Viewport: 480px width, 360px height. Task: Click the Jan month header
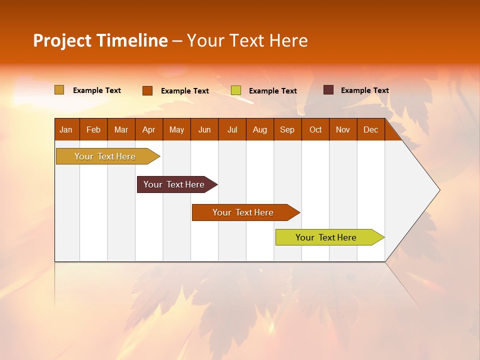[66, 129]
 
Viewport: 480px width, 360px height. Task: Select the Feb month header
[93, 129]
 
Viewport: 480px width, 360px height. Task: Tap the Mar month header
[121, 129]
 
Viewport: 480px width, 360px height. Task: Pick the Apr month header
[149, 129]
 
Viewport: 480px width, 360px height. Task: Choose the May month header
[176, 129]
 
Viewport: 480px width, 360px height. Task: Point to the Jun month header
[204, 129]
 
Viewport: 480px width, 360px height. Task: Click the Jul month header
[232, 129]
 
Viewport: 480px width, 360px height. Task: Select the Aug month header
[260, 129]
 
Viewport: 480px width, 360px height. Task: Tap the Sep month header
[287, 129]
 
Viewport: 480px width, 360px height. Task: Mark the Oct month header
[315, 129]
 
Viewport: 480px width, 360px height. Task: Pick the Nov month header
[343, 129]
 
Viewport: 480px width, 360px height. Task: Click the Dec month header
[371, 129]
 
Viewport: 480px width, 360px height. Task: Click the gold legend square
[59, 90]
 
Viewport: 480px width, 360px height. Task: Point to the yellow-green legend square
[236, 90]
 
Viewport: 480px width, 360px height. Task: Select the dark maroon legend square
[328, 90]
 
